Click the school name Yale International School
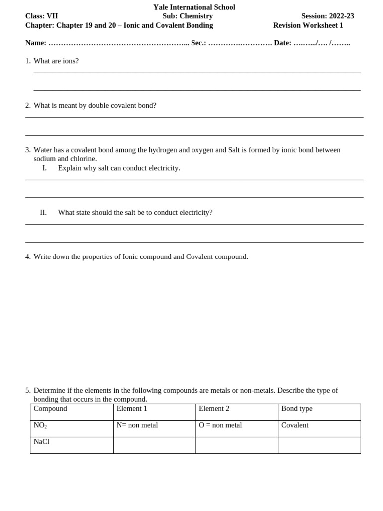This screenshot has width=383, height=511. point(194,7)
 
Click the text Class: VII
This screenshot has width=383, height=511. point(41,16)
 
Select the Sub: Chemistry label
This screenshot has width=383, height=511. point(188,16)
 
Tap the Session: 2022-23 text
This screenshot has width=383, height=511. point(327,16)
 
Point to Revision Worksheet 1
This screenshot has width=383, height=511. point(308,25)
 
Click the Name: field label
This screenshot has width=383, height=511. point(36,43)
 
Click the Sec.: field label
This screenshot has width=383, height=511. point(198,43)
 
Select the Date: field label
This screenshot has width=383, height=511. point(282,43)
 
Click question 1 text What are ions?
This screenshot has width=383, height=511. point(56,61)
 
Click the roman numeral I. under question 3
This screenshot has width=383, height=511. point(44,168)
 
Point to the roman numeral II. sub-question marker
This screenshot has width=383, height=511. point(43,213)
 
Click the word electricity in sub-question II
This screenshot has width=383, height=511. point(195,213)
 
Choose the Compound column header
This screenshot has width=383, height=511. point(50,409)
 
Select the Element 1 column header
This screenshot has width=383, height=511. point(132,409)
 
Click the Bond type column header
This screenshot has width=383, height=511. point(297,409)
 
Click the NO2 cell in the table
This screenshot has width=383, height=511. point(40,426)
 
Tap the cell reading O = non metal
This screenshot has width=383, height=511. point(220,425)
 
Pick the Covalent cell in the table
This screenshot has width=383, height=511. point(295,425)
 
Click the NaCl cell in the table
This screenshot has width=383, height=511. point(42,442)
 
